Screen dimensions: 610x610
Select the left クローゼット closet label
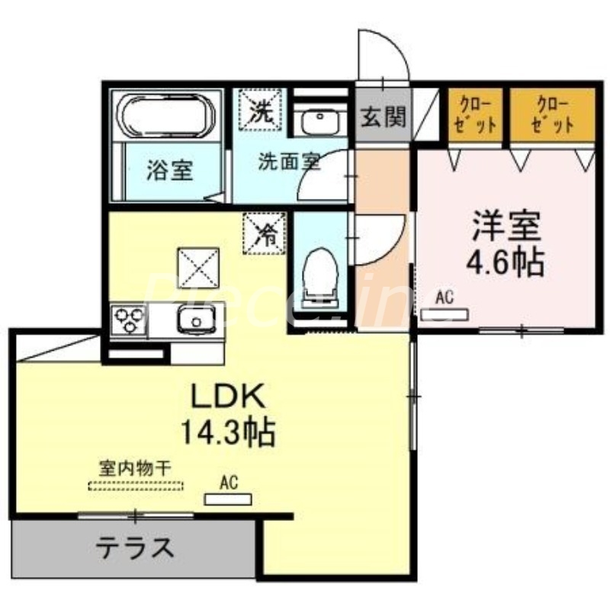pyautogui.click(x=474, y=114)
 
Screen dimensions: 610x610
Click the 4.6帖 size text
pyautogui.click(x=505, y=263)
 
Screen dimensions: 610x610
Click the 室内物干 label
pyautogui.click(x=135, y=467)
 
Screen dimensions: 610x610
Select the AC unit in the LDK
pyautogui.click(x=228, y=499)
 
